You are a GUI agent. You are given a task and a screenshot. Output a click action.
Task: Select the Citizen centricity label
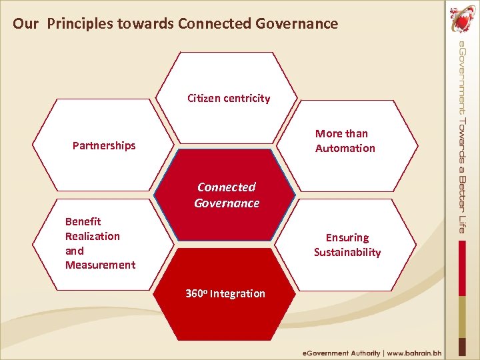click(229, 99)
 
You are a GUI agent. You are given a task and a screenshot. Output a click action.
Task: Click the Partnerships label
click(104, 145)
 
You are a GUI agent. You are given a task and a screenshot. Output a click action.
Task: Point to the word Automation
click(345, 149)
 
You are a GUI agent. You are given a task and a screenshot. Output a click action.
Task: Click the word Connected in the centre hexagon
click(227, 187)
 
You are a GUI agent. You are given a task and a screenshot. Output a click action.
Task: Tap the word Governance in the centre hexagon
click(227, 203)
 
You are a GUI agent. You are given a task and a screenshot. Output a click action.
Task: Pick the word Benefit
click(83, 221)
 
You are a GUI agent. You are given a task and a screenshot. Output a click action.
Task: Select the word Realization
click(93, 236)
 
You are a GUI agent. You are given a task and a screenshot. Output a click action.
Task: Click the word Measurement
click(100, 265)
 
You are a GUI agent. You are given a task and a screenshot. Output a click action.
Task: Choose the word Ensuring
click(347, 237)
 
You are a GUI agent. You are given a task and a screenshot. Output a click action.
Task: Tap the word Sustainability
click(347, 252)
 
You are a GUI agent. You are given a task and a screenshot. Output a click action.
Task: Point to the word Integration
click(237, 294)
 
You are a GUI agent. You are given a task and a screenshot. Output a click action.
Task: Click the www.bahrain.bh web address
click(415, 353)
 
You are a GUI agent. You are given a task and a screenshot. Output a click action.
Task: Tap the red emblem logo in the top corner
click(461, 18)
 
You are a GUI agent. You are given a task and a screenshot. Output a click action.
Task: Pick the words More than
click(341, 134)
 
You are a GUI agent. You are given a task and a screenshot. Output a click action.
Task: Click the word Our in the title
click(25, 24)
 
